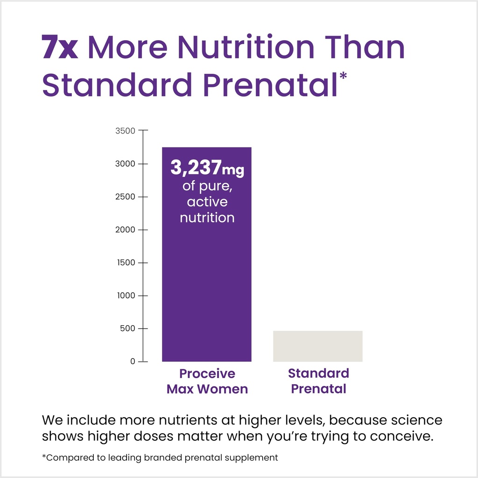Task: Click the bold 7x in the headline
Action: pos(60,48)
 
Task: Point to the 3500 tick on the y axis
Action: pos(125,131)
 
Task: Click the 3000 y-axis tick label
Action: pos(125,164)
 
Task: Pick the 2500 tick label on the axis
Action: pos(125,197)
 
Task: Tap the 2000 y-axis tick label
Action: pos(125,230)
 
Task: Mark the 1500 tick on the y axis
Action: pos(125,263)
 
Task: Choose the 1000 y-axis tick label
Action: pos(125,295)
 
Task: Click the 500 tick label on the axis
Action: pos(127,329)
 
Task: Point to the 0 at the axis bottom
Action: pos(132,361)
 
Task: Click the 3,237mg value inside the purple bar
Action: pos(207,169)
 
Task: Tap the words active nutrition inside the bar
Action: pos(207,210)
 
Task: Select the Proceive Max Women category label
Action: pos(207,381)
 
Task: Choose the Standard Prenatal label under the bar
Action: pos(318,381)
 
